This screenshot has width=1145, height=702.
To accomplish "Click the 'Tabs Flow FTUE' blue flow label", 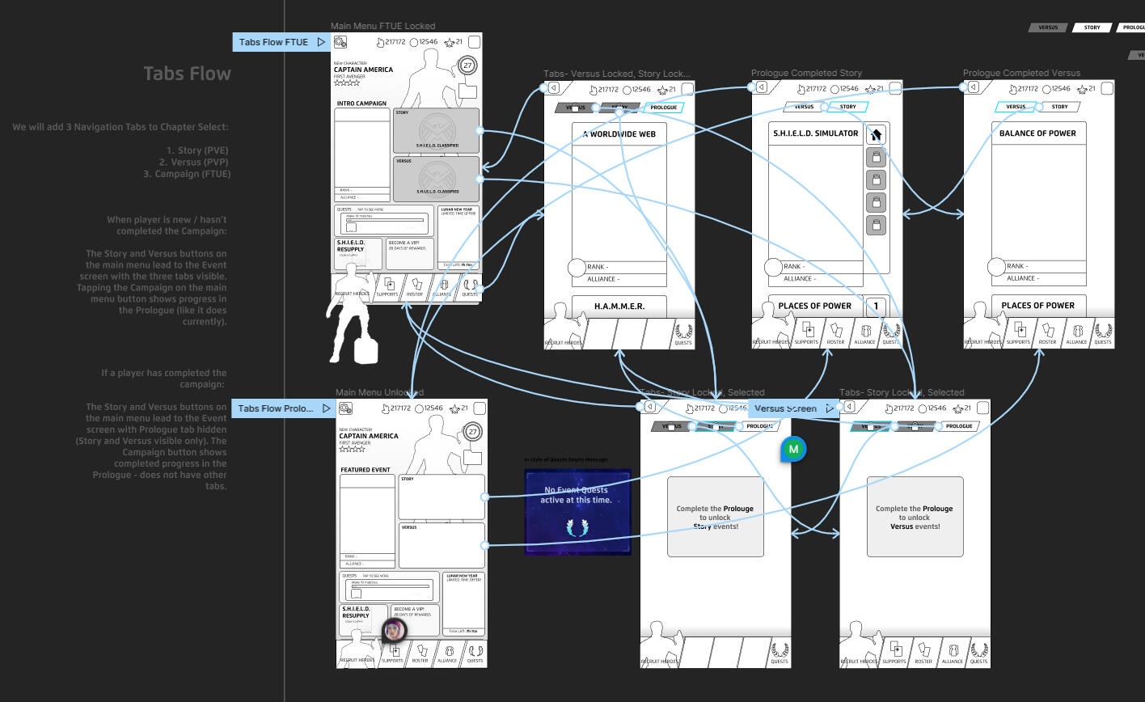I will [x=273, y=42].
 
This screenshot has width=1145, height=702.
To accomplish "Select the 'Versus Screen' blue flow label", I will [x=785, y=408].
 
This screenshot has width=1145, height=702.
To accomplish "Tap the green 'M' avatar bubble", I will [x=793, y=449].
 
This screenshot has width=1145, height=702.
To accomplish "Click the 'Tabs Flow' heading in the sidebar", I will [x=187, y=74].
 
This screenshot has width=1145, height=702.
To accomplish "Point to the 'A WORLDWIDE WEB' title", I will [x=619, y=133].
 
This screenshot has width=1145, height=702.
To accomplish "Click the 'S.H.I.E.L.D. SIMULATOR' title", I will [x=815, y=133].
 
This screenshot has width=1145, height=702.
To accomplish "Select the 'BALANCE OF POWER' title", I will [x=1037, y=133].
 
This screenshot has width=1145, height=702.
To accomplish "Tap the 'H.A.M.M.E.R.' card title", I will [x=619, y=307].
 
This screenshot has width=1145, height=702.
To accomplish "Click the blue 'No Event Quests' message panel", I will [x=577, y=511].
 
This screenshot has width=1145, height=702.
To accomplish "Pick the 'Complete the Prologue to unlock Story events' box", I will [x=715, y=517].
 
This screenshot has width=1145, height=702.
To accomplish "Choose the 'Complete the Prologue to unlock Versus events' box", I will [x=915, y=517].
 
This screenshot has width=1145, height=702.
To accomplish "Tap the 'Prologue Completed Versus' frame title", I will [x=1020, y=73].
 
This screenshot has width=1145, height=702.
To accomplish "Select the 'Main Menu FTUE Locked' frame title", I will [x=382, y=27].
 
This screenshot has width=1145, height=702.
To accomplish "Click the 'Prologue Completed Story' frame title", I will [x=806, y=73].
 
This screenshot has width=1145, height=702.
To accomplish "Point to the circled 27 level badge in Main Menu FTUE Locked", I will [x=468, y=66].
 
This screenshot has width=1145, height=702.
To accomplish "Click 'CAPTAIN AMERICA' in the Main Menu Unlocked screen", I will [x=369, y=436].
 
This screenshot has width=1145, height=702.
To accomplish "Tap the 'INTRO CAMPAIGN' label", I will [x=361, y=104].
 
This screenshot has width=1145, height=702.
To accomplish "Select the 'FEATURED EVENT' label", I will [x=365, y=470].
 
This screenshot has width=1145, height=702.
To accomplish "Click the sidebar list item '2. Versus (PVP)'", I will [x=195, y=163].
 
